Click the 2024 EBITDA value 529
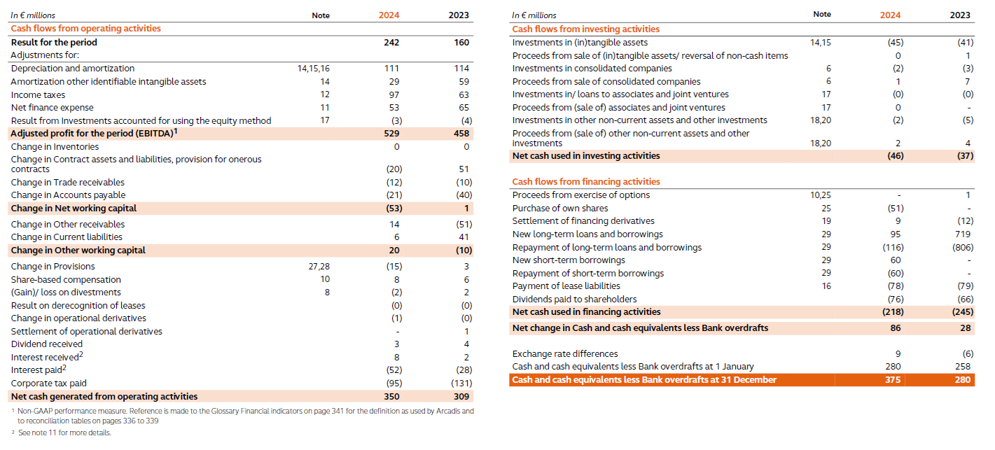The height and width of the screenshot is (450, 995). click(x=391, y=133)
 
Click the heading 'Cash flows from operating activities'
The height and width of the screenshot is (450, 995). click(x=85, y=29)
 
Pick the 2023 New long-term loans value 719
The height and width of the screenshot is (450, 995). click(x=963, y=234)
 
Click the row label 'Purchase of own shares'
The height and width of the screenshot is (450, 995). click(x=560, y=208)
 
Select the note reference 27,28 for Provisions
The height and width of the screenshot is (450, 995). click(x=319, y=266)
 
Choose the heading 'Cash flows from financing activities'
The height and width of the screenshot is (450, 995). click(x=586, y=182)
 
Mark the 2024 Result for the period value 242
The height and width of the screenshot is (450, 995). click(x=391, y=42)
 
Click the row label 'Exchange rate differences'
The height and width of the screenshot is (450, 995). click(x=564, y=353)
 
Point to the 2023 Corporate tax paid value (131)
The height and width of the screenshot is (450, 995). click(x=461, y=383)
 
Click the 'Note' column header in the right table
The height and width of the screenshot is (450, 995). click(x=822, y=14)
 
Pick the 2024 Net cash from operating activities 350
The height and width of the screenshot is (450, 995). click(x=391, y=396)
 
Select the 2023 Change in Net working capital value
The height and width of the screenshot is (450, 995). click(x=466, y=208)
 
